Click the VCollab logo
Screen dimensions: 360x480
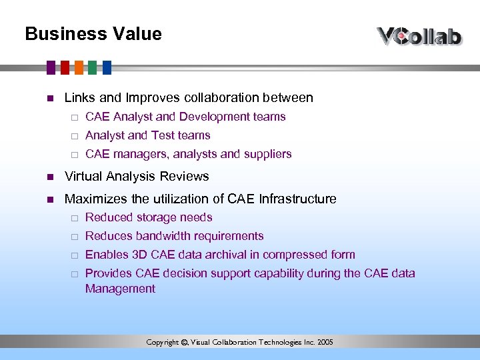click(419, 35)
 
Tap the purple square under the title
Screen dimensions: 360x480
click(51, 67)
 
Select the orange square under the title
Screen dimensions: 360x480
click(79, 67)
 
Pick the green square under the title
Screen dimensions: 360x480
click(93, 67)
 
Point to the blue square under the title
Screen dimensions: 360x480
click(107, 67)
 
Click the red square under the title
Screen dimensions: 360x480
click(65, 67)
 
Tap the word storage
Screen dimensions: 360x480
click(155, 217)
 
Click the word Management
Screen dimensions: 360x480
click(120, 289)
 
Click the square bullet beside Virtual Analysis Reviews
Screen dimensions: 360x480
click(49, 177)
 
